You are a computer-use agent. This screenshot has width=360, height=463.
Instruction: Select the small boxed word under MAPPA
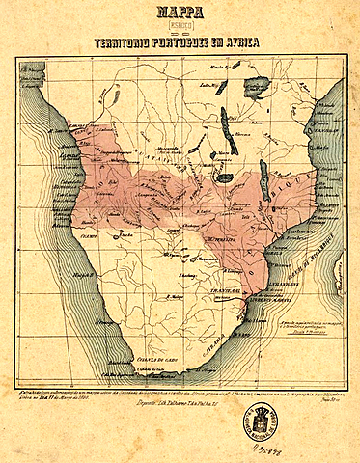(180, 28)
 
